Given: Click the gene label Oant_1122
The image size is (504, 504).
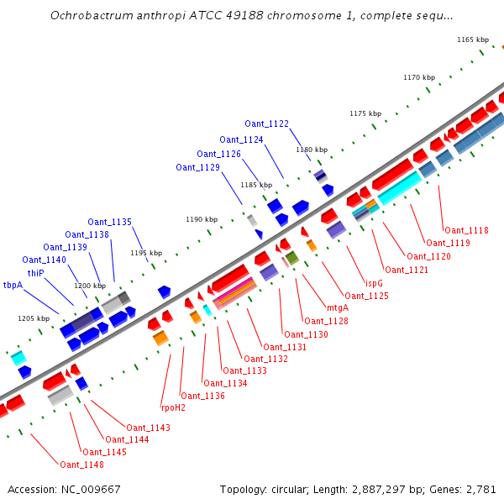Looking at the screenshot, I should pyautogui.click(x=267, y=123).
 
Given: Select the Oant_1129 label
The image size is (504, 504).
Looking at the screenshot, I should pyautogui.click(x=197, y=167).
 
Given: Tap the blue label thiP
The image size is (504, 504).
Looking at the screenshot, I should pyautogui.click(x=35, y=273).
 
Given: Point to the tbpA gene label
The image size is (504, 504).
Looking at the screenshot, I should pyautogui.click(x=13, y=285).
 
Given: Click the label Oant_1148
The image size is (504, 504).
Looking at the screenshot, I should pyautogui.click(x=81, y=465).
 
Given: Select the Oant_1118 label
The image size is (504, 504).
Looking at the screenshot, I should pyautogui.click(x=466, y=230).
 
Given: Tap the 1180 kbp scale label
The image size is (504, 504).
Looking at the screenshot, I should pyautogui.click(x=311, y=150).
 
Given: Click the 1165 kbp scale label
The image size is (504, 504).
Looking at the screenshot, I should pyautogui.click(x=472, y=39).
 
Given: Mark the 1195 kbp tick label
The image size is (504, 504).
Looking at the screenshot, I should pyautogui.click(x=146, y=253).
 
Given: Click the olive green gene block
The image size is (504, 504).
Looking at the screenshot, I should pyautogui.click(x=291, y=257).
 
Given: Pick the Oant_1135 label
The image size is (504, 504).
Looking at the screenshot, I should pyautogui.click(x=110, y=222).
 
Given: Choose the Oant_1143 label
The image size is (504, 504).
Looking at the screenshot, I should pyautogui.click(x=148, y=428).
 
